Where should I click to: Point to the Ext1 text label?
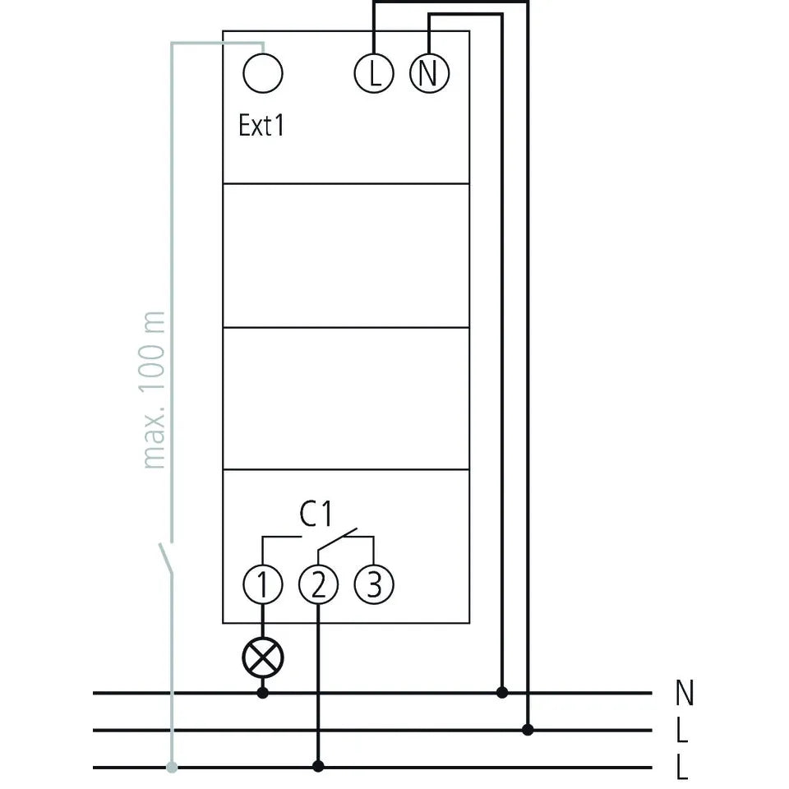point(261,125)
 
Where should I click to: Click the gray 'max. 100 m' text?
point(152,390)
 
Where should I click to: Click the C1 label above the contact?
point(316,514)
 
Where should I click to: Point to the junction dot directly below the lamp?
point(263,693)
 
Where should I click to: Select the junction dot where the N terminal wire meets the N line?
point(501,692)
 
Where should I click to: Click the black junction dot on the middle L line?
point(528,730)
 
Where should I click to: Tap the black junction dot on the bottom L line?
point(318,766)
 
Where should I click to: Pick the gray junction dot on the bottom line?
point(172,767)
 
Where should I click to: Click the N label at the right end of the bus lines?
point(685,693)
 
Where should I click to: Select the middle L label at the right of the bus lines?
point(682,730)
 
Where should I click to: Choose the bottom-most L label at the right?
point(682,767)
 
